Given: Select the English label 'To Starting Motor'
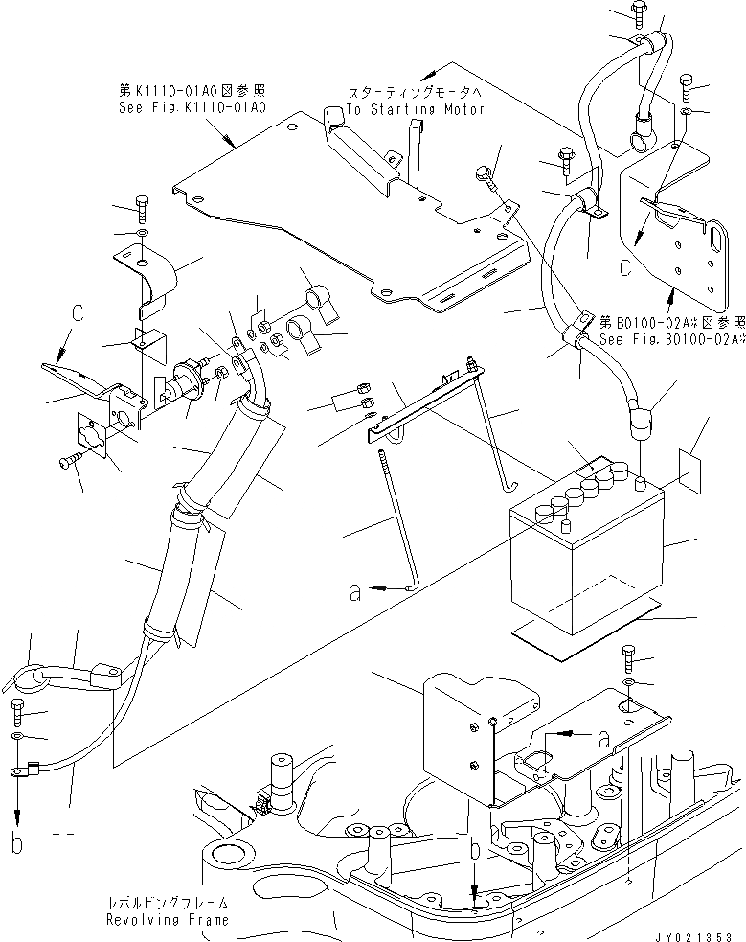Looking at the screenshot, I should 415,109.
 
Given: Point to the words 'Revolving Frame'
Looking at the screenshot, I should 170,920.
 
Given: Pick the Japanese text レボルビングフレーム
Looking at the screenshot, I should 169,904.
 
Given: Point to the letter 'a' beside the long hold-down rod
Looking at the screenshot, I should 355,593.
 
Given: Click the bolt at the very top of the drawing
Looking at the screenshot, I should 639,13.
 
